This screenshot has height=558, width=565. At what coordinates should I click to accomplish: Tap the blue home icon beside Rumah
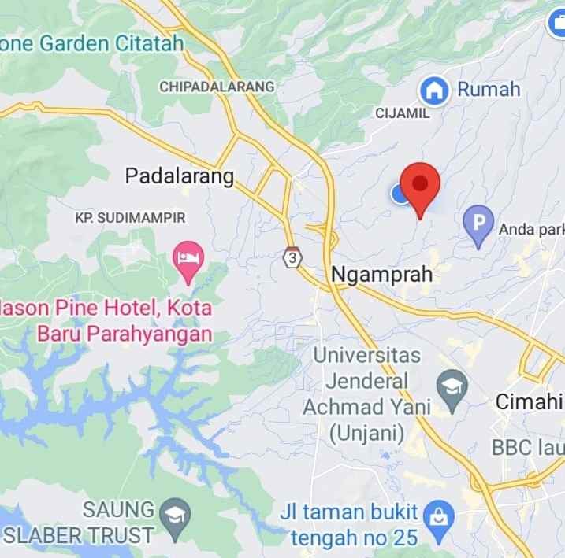(x=433, y=90)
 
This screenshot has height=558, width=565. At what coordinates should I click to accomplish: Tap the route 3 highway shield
(x=293, y=257)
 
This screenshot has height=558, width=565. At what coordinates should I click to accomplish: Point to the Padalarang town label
(x=180, y=176)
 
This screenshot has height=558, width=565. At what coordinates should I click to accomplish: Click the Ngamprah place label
(x=382, y=275)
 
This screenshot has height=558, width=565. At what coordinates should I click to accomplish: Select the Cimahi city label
(x=529, y=401)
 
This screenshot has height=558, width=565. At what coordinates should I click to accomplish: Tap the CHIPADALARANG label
(x=217, y=87)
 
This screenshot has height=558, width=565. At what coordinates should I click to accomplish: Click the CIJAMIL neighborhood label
(x=403, y=113)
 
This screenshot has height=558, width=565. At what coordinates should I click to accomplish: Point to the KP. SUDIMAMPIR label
(x=130, y=216)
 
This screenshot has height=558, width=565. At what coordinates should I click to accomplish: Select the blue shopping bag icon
(x=433, y=516)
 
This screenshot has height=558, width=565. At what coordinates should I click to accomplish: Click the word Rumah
(x=489, y=89)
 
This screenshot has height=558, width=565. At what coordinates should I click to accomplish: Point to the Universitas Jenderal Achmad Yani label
(x=367, y=394)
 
